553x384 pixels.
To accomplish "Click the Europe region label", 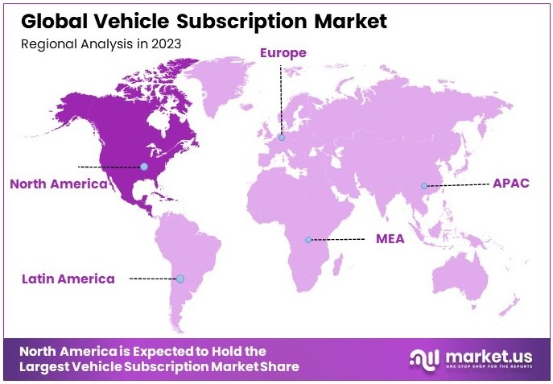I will pos(283,53).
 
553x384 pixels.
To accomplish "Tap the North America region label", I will pos(58,184).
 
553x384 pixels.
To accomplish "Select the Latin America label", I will pos(68,279).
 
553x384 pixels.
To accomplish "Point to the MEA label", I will pos(390,239).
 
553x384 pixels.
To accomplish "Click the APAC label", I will pos(510,184).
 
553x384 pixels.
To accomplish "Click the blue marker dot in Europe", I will pos(282,138).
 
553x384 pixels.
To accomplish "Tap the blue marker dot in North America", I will pos(143,167).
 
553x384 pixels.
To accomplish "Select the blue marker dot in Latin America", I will pos(180,279).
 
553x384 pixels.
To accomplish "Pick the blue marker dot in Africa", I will pos(307,240).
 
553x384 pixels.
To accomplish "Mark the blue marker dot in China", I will pos(424,186).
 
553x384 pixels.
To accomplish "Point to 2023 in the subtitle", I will pos(165,43).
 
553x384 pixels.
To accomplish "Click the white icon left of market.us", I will pos(425,358).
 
